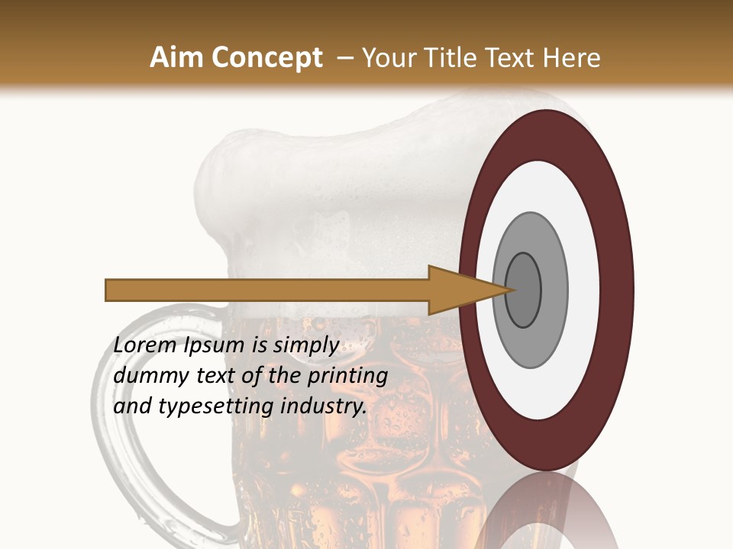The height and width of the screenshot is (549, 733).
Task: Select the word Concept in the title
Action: point(264,58)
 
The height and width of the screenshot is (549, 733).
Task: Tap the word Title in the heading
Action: point(445,58)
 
